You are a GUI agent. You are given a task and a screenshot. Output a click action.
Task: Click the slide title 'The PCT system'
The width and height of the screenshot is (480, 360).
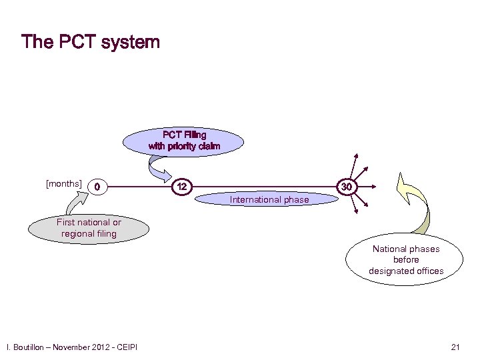point(91,42)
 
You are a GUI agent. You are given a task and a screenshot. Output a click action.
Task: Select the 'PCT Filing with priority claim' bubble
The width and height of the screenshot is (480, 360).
point(184,141)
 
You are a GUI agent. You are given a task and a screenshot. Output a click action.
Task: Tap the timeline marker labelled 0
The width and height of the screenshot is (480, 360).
point(98,187)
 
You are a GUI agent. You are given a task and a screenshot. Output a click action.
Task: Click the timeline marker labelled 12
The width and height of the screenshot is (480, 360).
point(181,187)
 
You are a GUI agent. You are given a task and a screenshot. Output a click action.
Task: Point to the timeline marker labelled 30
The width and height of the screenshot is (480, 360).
point(346,187)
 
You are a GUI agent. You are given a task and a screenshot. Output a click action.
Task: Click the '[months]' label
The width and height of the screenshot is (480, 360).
point(64,183)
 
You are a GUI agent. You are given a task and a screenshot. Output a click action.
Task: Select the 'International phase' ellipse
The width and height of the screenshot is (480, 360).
point(269,199)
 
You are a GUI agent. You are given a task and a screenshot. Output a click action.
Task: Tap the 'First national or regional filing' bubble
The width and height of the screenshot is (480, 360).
point(89,228)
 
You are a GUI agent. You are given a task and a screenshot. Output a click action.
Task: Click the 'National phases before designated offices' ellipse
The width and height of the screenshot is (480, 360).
point(406,260)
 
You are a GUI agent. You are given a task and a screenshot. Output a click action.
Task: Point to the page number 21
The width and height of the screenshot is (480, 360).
point(456,347)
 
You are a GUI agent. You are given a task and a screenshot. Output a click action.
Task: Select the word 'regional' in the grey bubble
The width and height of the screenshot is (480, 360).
point(79,233)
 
